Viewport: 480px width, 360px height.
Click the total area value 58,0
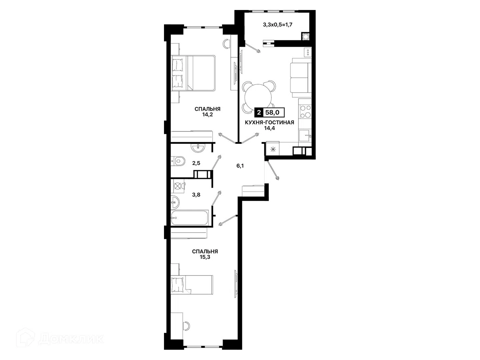tap(272, 113)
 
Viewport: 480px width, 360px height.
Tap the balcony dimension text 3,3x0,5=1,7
tap(278, 24)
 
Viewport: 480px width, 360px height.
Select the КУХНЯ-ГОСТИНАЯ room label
tap(269, 123)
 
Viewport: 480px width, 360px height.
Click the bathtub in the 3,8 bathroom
tap(190, 218)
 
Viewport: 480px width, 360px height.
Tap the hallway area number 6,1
tap(240, 166)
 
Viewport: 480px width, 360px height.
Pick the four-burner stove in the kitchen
tap(305, 111)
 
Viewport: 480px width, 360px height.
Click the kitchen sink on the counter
tap(305, 136)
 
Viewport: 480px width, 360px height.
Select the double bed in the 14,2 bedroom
tap(194, 73)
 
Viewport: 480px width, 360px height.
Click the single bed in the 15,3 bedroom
tap(192, 285)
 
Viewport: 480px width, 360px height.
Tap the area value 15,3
tap(205, 257)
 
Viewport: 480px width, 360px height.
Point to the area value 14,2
tap(208, 115)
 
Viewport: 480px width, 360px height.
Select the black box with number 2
tap(259, 113)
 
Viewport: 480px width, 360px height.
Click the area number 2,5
tap(196, 163)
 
